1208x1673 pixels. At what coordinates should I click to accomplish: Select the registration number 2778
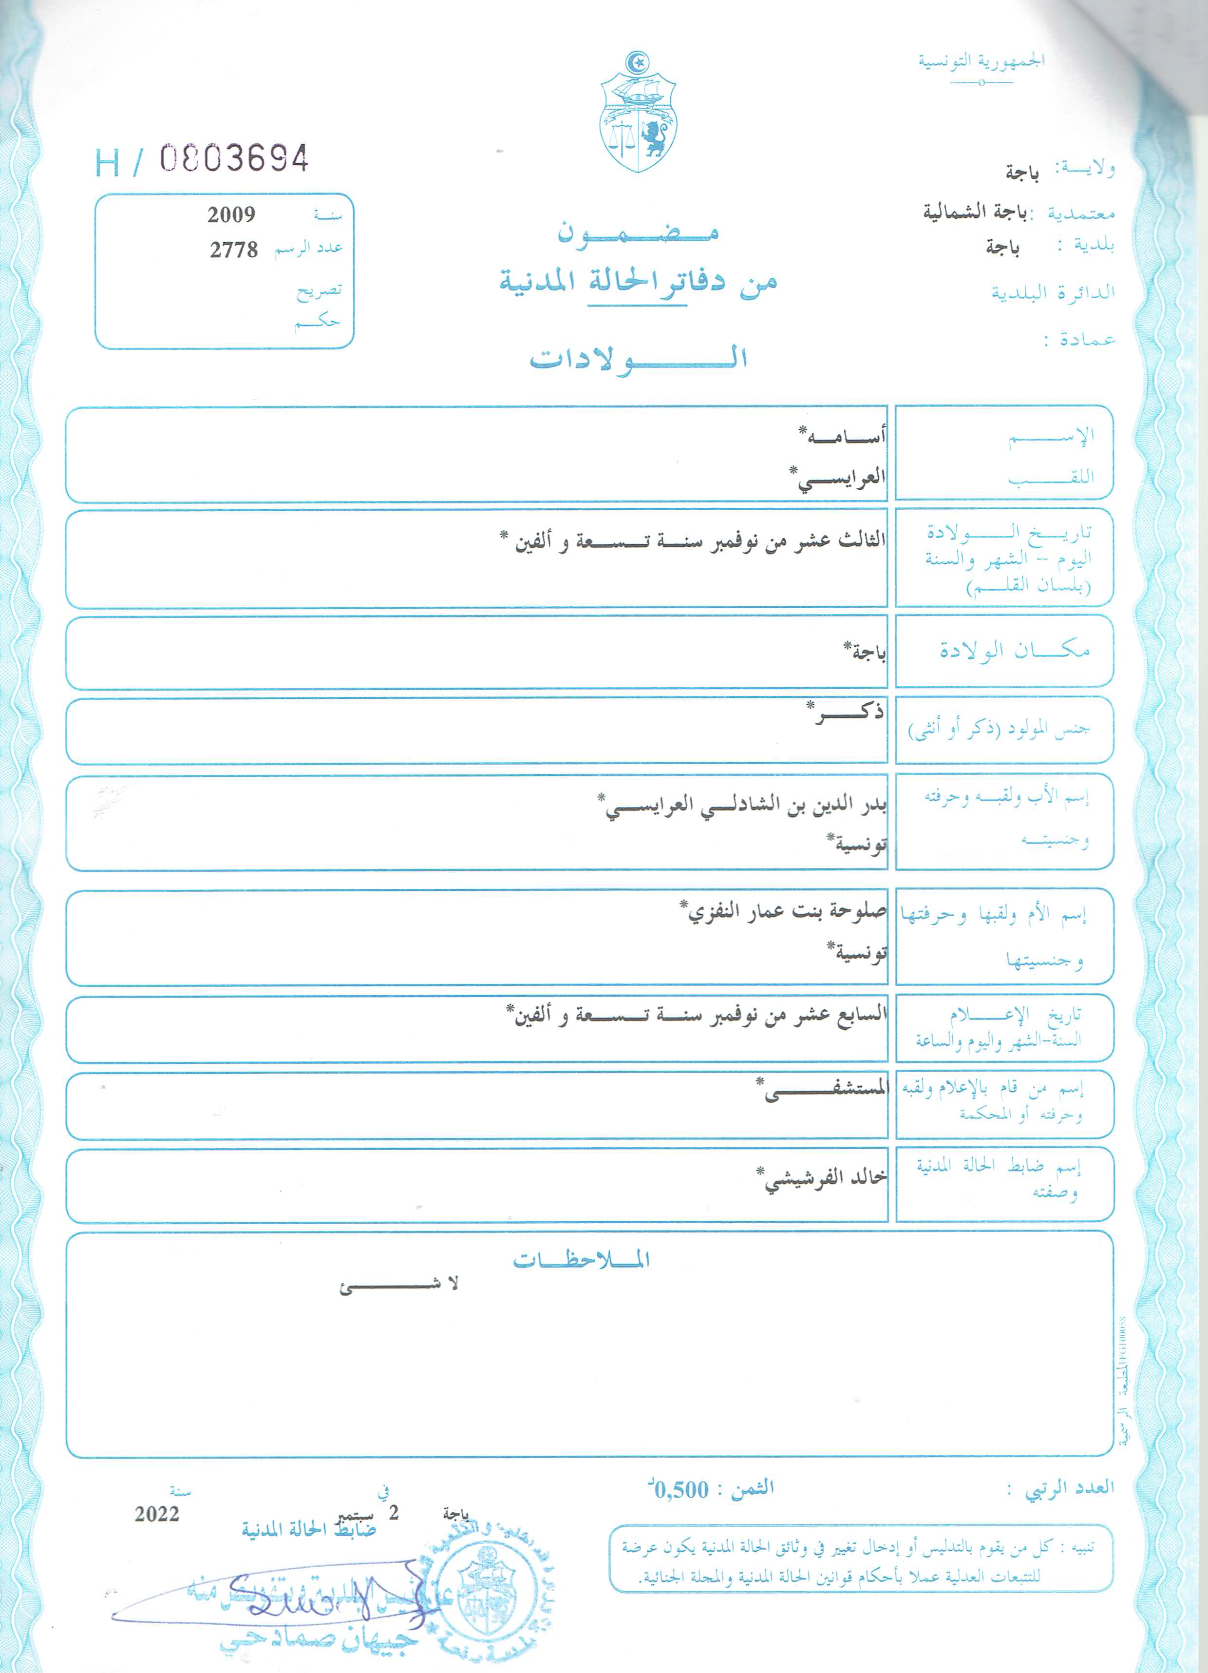tap(234, 250)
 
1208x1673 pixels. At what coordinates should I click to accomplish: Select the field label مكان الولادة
tap(1014, 650)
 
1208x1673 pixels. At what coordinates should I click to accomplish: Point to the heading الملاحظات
tap(582, 1260)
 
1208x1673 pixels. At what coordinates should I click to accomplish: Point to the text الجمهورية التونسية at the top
tap(981, 60)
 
